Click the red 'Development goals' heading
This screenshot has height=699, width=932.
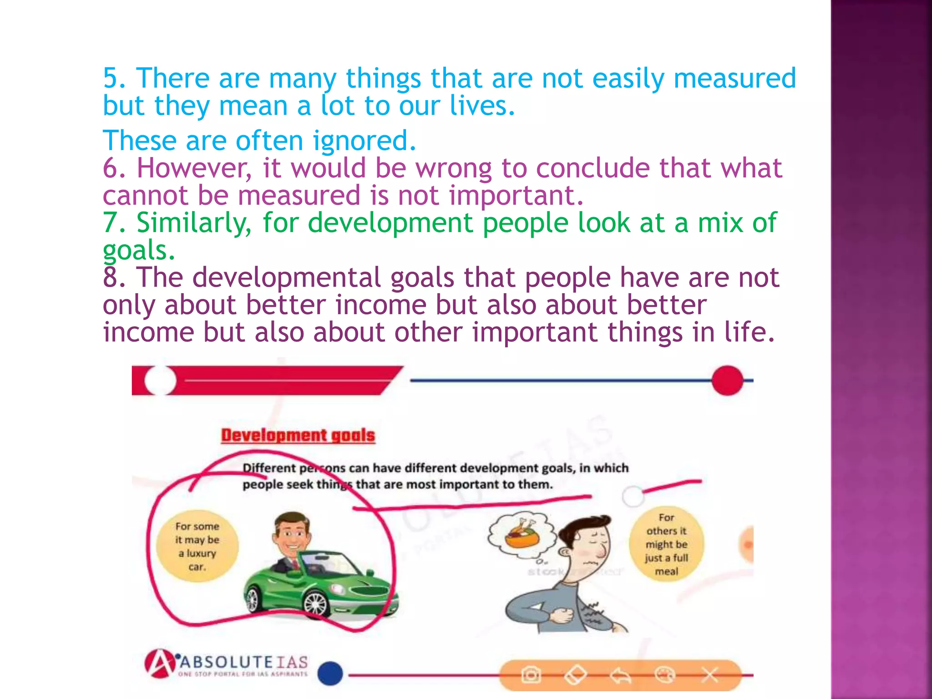point(298,436)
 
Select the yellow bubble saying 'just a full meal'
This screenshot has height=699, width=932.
point(666,544)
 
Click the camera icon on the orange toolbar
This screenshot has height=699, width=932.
point(530,675)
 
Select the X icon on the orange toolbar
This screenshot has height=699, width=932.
point(709,675)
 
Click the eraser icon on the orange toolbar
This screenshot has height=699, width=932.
point(575,675)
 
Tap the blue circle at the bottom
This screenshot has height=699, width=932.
point(330,674)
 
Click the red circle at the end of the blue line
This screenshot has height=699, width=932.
point(727,380)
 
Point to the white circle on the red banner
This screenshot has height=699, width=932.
point(160,380)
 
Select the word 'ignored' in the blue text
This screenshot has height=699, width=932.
point(364,141)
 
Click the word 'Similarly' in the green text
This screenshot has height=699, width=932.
point(193,223)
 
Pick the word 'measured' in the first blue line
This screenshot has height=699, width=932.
point(734,78)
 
